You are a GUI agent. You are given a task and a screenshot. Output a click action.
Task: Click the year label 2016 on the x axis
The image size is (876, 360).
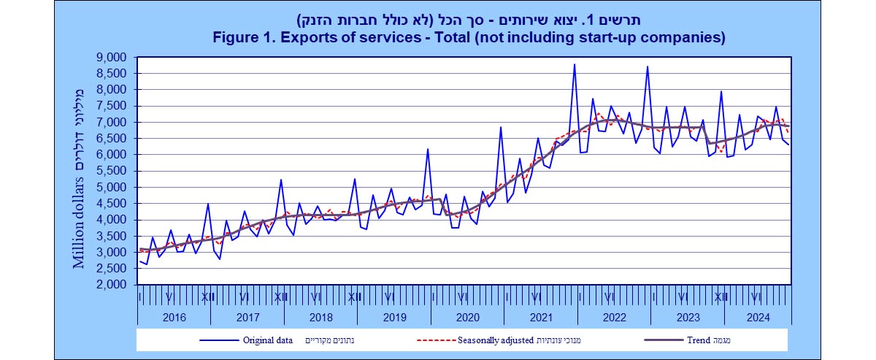coord(174,317)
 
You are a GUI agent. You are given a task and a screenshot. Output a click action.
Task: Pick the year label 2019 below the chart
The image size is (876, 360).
coord(393,317)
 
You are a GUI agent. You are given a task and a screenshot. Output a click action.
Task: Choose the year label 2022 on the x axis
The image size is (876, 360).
coord(614,317)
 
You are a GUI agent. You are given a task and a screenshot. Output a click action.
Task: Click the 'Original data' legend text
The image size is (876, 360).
coord(269,340)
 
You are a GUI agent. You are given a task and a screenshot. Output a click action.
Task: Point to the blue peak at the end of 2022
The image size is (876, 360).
coord(647,67)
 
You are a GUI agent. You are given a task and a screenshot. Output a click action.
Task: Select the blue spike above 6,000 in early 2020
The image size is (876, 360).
coord(428,150)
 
